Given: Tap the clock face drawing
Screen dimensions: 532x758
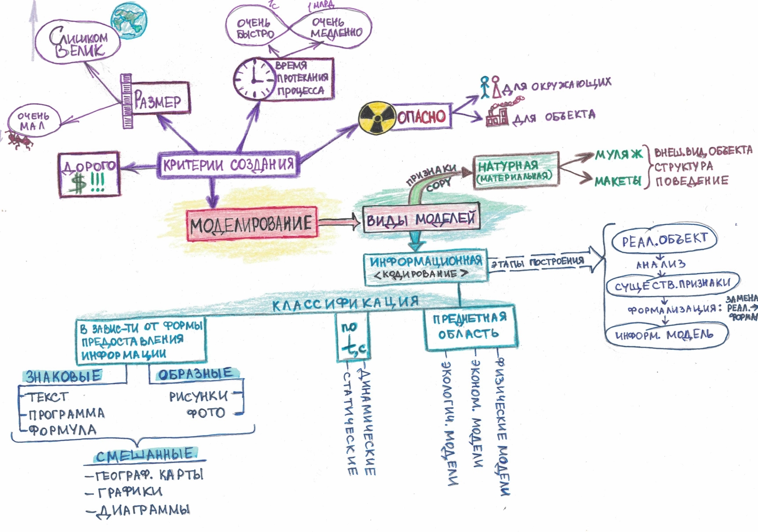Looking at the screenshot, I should (x=254, y=79).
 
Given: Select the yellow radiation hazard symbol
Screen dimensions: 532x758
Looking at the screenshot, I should (x=376, y=118).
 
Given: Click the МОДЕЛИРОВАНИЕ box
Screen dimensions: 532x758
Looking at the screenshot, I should (x=251, y=224).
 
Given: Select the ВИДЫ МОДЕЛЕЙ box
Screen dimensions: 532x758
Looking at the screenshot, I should (x=420, y=219).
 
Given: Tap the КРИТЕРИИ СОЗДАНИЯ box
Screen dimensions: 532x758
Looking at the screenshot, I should (x=228, y=165).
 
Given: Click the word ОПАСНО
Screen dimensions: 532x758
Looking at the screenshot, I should (x=421, y=117).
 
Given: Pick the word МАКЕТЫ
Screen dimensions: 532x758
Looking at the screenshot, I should (x=617, y=181).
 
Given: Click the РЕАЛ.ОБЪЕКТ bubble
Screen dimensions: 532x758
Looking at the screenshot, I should (x=664, y=240).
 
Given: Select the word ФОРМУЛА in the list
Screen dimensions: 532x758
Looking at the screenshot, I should (x=62, y=430).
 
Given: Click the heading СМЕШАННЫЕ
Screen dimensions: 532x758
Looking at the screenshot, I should (x=145, y=456).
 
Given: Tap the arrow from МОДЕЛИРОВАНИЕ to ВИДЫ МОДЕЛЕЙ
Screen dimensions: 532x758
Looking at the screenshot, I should (x=339, y=222).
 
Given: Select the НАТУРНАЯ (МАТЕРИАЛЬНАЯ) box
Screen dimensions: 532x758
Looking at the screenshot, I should (x=515, y=170).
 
